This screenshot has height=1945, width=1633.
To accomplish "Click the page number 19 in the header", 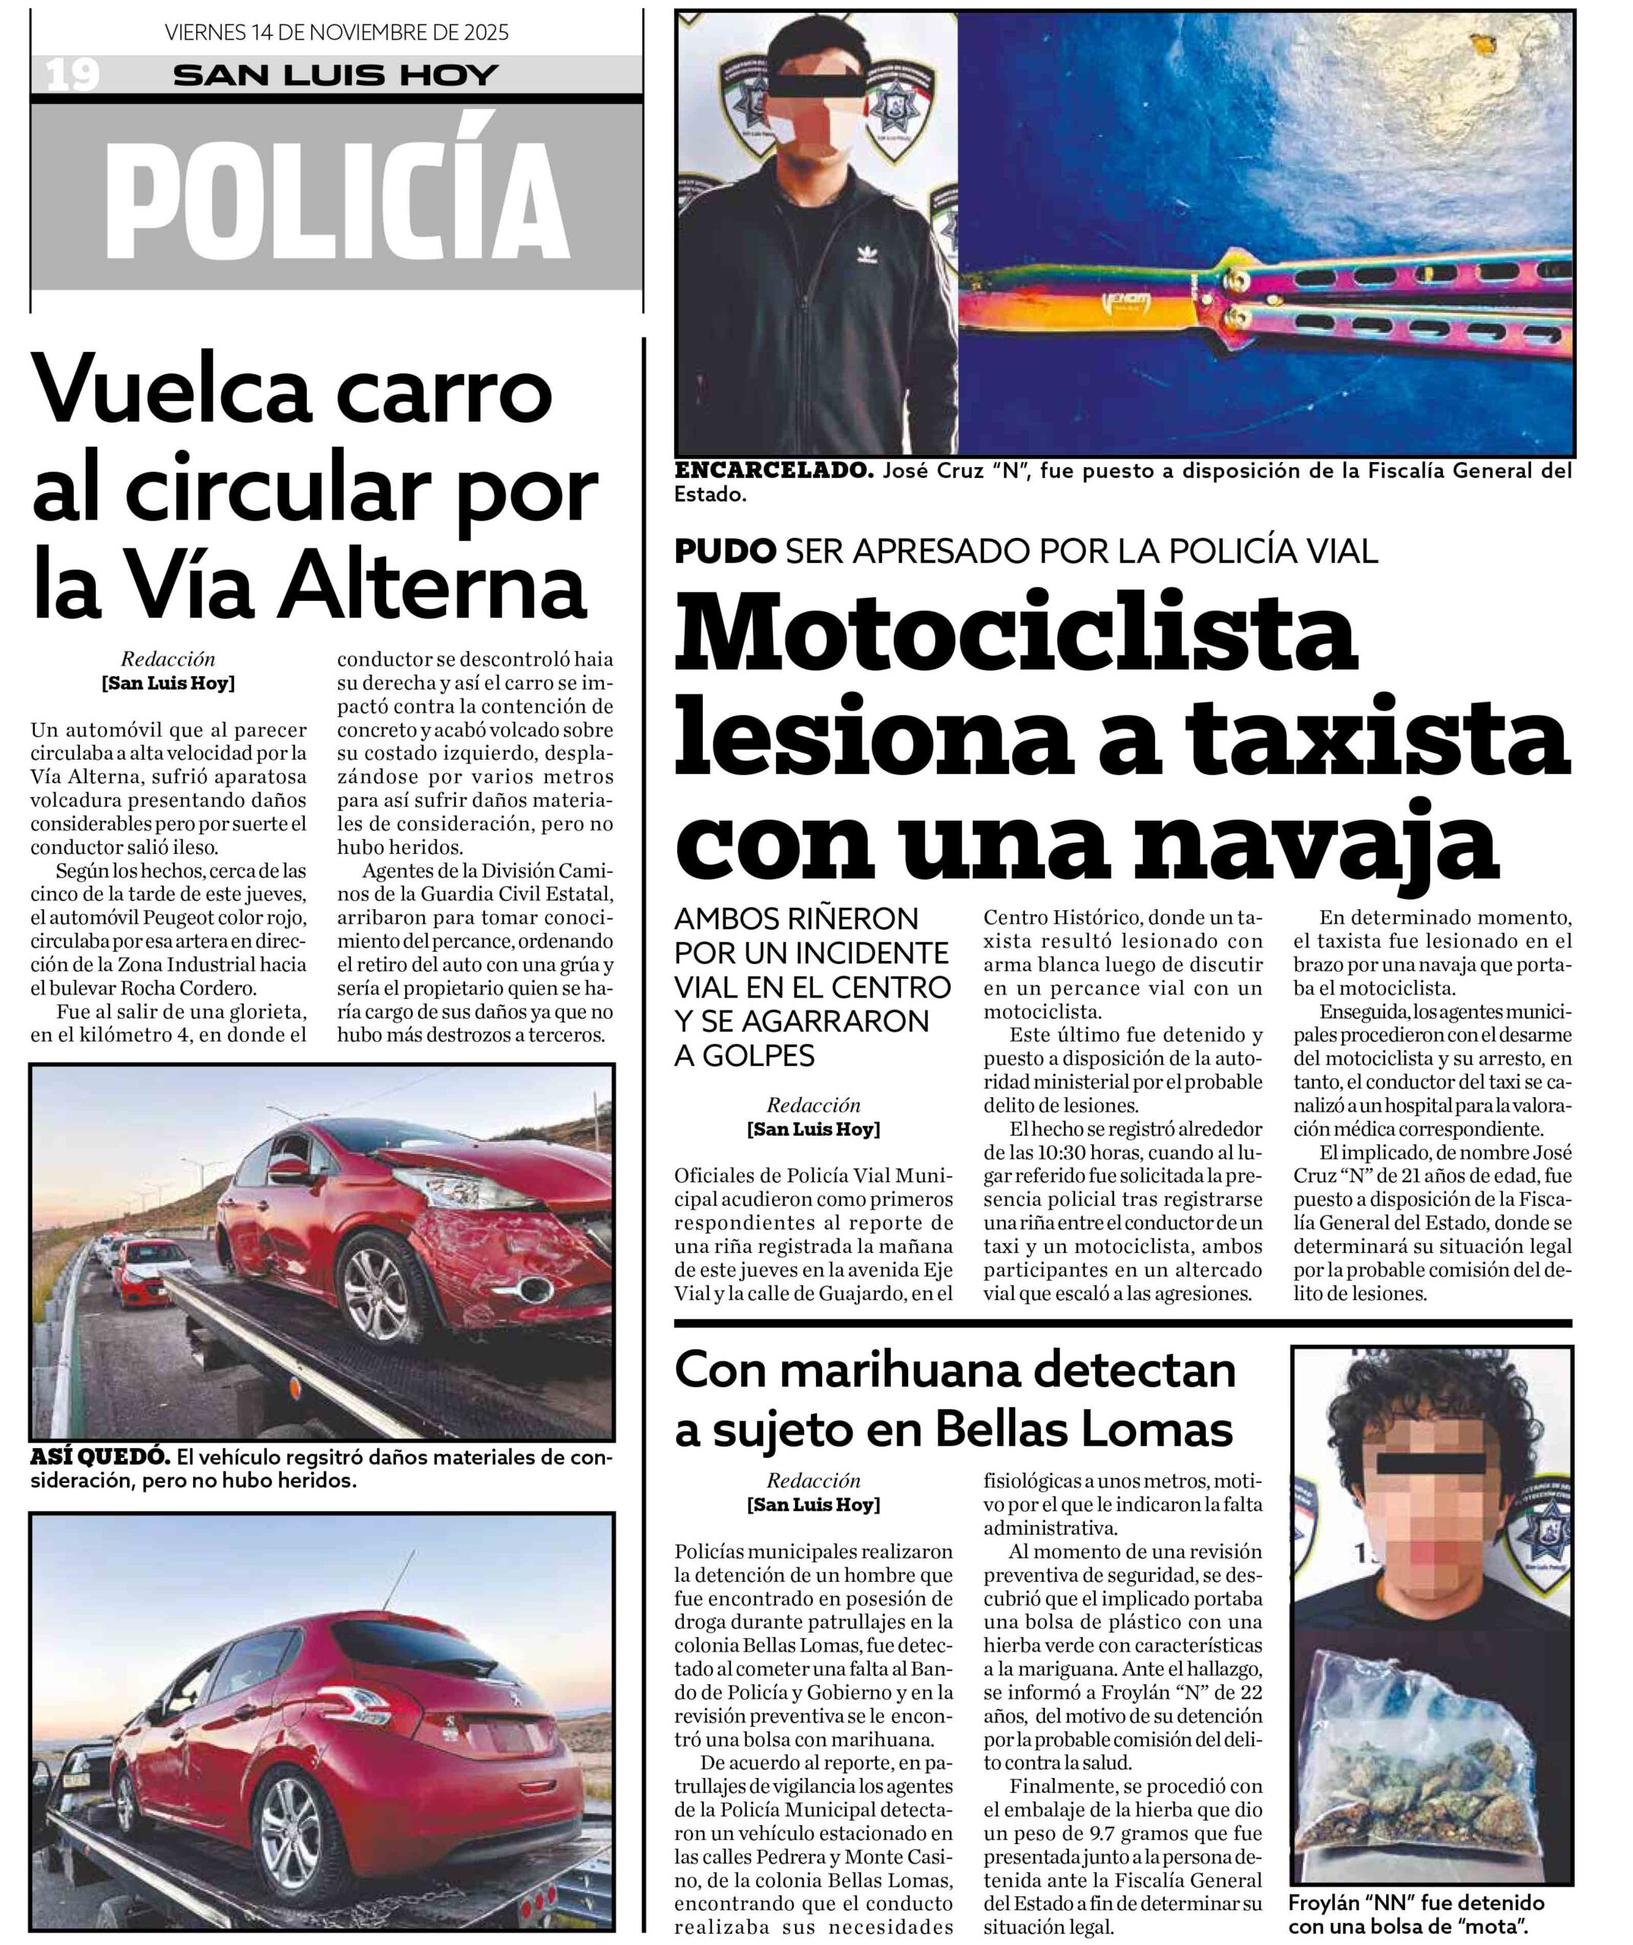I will [72, 74].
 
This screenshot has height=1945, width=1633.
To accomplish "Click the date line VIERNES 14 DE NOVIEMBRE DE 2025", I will [336, 33].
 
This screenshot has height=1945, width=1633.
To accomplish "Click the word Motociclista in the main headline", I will [1016, 638].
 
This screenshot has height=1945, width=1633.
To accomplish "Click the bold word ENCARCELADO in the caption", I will [774, 470].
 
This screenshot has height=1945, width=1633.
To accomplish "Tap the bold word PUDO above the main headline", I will [724, 552].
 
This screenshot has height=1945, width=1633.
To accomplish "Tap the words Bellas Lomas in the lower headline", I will [1084, 1429].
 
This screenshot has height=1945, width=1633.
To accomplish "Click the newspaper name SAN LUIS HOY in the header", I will [335, 75].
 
